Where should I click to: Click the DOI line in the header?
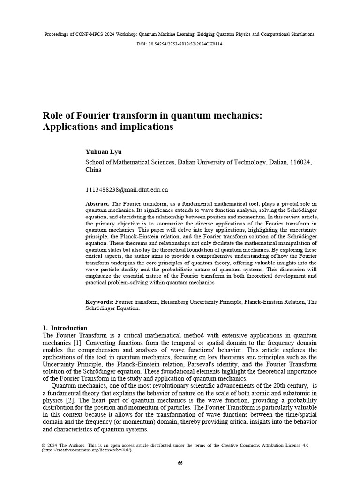180,44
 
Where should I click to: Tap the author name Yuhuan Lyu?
103,151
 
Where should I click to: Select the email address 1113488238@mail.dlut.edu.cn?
127,190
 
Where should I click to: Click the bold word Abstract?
97,204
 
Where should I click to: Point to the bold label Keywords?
99,302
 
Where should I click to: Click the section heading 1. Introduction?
65,328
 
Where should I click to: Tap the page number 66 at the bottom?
180,463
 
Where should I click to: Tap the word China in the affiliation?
93,170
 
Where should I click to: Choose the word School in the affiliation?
96,162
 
